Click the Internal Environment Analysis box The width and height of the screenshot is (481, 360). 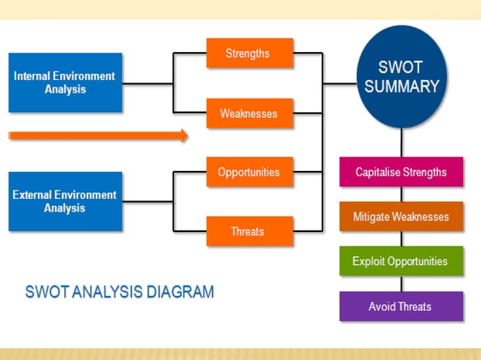pos(65,83)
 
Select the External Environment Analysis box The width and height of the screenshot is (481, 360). pos(65,201)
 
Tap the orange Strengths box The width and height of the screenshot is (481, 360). pos(249,53)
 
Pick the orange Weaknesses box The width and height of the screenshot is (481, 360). pos(249,114)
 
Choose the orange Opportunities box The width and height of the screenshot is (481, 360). pos(249,172)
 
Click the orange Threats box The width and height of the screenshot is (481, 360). pos(249,231)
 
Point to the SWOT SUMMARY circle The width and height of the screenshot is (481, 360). pos(401,78)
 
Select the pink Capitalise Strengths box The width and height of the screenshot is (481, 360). pos(401,172)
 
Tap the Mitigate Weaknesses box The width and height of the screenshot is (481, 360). pos(401,217)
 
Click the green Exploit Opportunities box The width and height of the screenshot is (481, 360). pos(401,261)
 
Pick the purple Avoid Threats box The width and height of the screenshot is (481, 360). pos(401,307)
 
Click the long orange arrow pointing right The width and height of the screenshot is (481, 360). pos(98,136)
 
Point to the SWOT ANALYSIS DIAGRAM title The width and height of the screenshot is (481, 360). pos(120,291)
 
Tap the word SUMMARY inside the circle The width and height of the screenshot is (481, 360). pos(401,87)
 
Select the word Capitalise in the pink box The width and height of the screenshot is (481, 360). pos(378,172)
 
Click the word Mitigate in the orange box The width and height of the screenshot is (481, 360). pos(373,217)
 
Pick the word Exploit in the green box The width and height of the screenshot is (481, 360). pos(369,261)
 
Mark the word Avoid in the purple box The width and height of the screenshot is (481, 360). pos(382,307)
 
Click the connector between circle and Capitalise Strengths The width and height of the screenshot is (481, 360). pos(401,142)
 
